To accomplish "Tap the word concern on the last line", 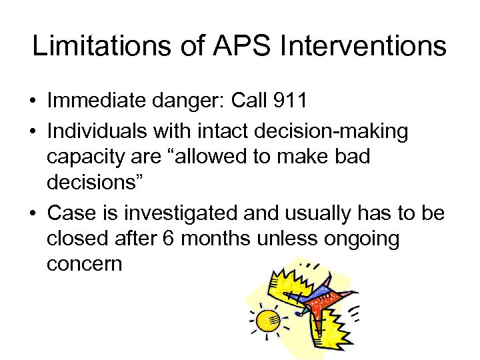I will [x=85, y=263].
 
